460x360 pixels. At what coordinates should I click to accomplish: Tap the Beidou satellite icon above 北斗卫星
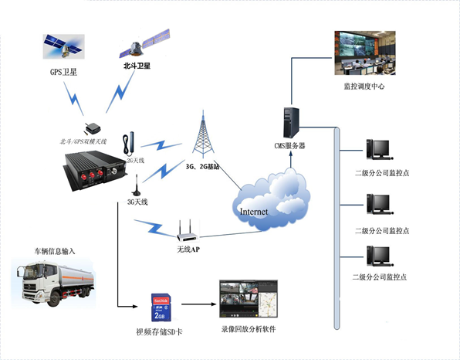(x=144, y=44)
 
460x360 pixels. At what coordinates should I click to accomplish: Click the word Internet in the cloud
(x=255, y=211)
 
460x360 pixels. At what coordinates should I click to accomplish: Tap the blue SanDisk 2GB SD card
(x=160, y=306)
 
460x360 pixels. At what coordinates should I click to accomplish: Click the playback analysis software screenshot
(x=246, y=297)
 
